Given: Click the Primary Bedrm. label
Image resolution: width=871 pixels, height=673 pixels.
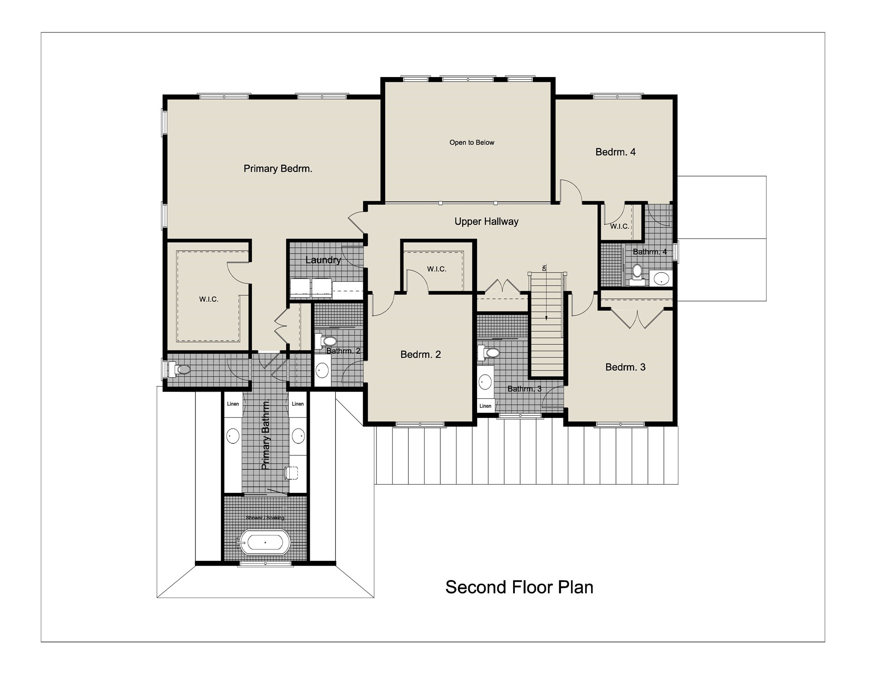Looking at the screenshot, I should point(278,169).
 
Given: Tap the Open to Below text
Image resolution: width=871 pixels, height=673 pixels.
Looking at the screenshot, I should point(471,142).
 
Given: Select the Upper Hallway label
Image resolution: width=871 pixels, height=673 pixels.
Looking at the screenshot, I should point(486,222).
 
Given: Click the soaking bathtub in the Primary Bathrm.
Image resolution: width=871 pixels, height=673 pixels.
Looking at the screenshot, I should point(265,542).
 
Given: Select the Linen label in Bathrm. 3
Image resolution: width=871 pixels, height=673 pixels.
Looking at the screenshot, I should point(485,406).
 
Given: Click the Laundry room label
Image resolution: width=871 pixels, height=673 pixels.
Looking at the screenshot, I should point(323,260).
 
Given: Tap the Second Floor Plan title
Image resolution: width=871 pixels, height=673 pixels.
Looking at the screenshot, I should point(519,588).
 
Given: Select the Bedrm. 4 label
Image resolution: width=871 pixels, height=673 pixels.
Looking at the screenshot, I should point(615,152).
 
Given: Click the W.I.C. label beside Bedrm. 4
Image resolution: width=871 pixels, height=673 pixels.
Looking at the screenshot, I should point(619,227).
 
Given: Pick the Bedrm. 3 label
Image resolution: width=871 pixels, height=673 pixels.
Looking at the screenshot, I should point(625,367).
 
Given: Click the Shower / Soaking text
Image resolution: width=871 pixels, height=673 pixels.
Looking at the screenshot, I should point(265,518).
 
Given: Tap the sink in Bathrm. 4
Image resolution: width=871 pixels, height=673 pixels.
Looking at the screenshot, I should point(660,278).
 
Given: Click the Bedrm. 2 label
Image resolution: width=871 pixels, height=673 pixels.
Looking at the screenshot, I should point(421,354).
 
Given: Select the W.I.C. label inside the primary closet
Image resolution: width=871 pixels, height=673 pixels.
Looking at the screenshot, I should point(209,299).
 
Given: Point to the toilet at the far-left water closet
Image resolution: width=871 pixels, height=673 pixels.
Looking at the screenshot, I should point(181,369).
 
